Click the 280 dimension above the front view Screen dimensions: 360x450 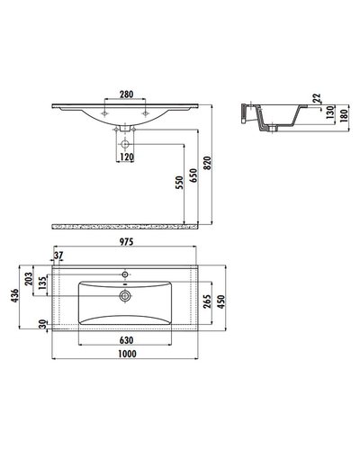[126, 94]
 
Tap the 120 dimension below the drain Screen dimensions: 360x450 [127, 157]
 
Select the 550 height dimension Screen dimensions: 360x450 [179, 183]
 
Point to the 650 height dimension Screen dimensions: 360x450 [193, 175]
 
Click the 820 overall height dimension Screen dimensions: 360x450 [208, 163]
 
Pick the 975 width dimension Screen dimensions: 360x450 [126, 241]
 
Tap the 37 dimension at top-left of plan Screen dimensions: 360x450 [58, 256]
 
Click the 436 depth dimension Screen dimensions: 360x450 [14, 296]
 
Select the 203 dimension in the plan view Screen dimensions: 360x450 [29, 279]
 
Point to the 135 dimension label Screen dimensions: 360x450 [42, 283]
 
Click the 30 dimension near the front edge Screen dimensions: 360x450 [43, 324]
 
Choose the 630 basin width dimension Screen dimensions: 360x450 [126, 340]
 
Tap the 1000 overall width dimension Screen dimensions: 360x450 [127, 354]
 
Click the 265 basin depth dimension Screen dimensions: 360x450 [207, 301]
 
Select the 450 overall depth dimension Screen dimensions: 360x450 [220, 301]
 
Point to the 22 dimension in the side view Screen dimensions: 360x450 [317, 98]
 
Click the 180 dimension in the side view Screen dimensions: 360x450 [344, 115]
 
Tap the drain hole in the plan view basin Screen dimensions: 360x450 [125, 296]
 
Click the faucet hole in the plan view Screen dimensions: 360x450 [125, 274]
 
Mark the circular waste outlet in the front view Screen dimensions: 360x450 [125, 144]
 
